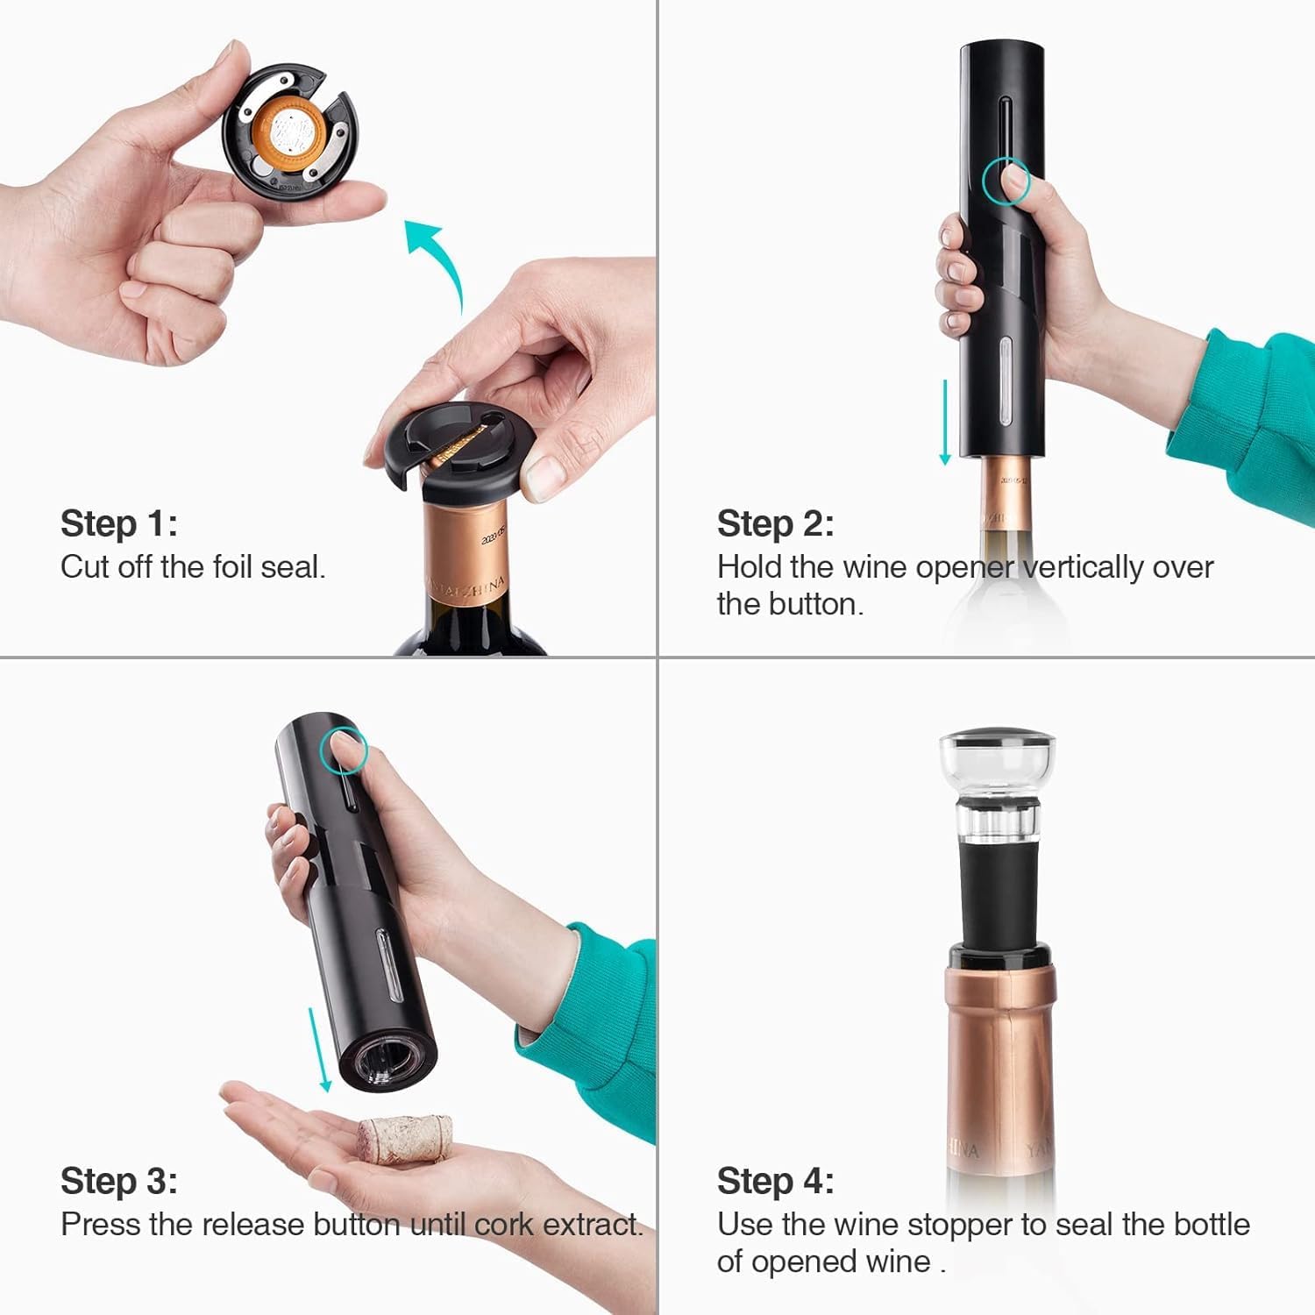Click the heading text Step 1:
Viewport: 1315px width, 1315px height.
pyautogui.click(x=119, y=523)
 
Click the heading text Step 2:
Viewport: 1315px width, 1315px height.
pyautogui.click(x=776, y=523)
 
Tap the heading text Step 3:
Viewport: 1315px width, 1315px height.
pyautogui.click(x=119, y=1181)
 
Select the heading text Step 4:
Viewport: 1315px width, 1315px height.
pyautogui.click(x=776, y=1181)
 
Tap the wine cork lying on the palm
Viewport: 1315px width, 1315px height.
pyautogui.click(x=405, y=1139)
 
